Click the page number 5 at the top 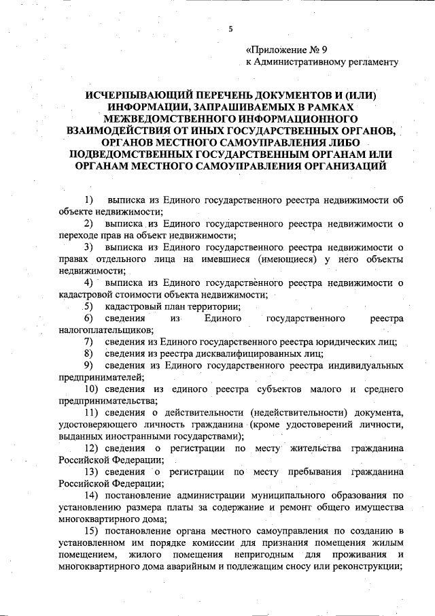pos(230,29)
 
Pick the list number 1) pos(88,200)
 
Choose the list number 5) pos(88,306)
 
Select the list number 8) pos(88,353)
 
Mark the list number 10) pos(91,389)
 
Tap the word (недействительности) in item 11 pos(286,412)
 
